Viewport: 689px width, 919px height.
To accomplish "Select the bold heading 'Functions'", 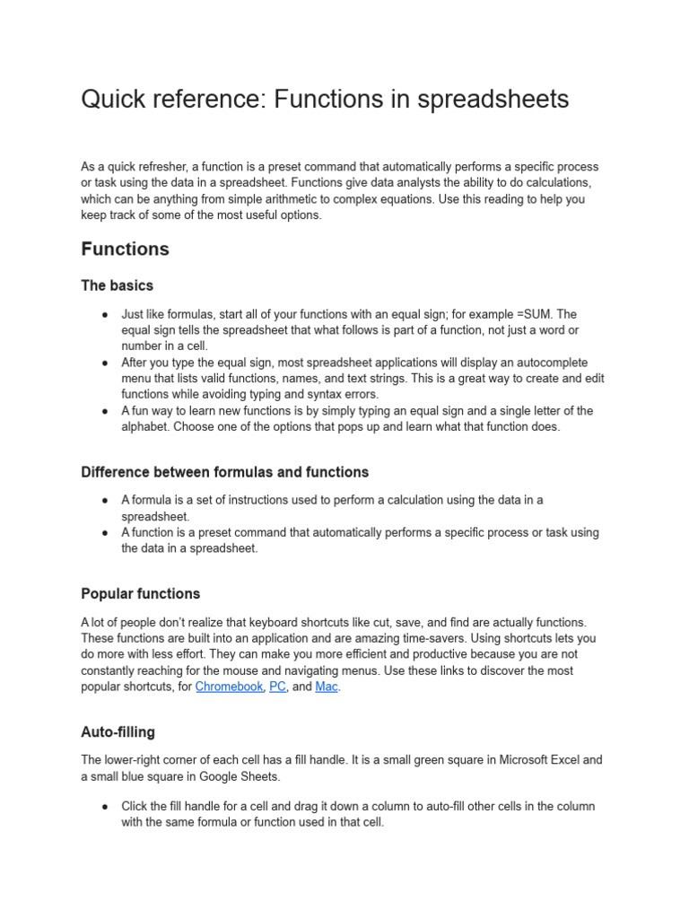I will pos(125,249).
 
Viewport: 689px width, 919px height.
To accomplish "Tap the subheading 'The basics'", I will pos(117,285).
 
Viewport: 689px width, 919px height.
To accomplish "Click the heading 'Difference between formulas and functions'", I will pos(224,472).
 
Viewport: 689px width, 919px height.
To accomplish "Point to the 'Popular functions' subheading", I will pos(140,594).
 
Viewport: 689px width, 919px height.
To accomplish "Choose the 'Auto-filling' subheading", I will pos(118,732).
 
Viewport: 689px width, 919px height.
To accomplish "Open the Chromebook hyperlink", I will pos(229,687).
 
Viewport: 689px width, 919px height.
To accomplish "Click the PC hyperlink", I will pos(277,687).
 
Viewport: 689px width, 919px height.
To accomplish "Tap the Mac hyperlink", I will pos(327,687).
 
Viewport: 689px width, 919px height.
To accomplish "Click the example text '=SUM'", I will pos(536,314).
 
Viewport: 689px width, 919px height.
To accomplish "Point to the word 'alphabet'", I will pos(145,427).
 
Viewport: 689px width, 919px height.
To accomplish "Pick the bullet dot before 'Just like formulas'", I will pos(105,314).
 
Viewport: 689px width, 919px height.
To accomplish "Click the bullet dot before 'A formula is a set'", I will pos(105,501).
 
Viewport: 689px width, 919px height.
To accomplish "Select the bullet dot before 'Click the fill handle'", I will pos(105,806).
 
